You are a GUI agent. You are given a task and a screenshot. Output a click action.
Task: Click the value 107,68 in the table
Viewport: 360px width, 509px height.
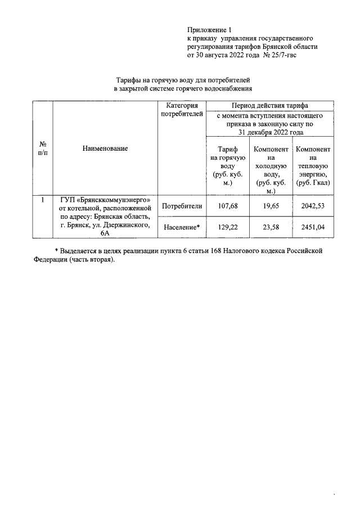(228, 206)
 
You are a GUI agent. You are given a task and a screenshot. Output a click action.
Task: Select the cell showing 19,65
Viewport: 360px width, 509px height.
(272, 206)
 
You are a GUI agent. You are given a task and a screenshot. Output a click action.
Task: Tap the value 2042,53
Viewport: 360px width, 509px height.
(313, 206)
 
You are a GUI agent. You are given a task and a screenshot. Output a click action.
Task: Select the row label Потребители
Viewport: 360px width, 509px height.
(182, 206)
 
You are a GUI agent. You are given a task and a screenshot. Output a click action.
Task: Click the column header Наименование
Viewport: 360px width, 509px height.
(105, 148)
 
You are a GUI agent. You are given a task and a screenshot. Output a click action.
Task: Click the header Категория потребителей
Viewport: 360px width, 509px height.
(182, 110)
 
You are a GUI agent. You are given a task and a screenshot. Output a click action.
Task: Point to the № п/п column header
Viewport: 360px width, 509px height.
(42, 148)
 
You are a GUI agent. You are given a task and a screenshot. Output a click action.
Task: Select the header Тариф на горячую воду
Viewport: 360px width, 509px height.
(228, 166)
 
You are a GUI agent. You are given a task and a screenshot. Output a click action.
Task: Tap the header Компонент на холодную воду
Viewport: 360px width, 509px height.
(272, 166)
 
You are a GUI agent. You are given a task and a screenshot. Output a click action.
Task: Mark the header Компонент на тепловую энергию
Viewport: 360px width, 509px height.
(313, 166)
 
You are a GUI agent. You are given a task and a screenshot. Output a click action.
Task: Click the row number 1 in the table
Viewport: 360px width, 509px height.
(42, 199)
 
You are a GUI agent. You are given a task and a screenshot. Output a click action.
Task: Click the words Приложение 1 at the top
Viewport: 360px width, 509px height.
(209, 30)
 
